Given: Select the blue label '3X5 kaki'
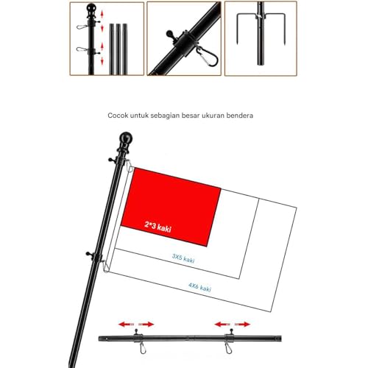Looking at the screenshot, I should click(183, 258).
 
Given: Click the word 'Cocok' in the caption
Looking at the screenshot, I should click(118, 116).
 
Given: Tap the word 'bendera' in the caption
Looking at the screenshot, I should click(246, 116).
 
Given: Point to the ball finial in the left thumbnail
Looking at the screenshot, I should click(92, 10).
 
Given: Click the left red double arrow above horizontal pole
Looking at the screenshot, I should click(137, 323).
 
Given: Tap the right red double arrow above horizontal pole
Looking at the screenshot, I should click(233, 323).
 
